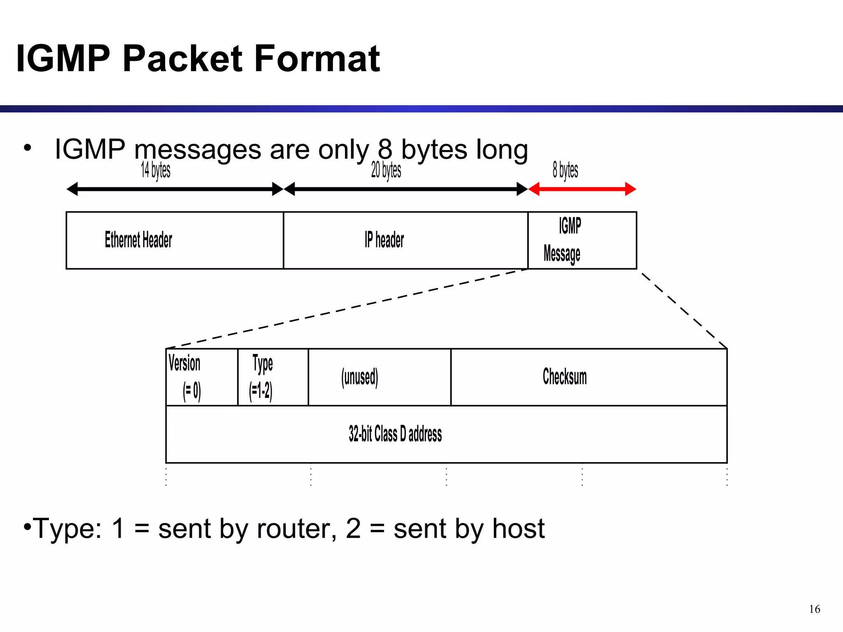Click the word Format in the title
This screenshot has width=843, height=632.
pos(317,58)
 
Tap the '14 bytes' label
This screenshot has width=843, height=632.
pos(156,170)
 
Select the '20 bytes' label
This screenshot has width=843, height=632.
pos(386,170)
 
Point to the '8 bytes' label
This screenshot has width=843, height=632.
pos(565,170)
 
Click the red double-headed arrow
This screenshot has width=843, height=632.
pos(582,189)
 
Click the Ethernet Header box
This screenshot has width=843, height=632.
pos(175,240)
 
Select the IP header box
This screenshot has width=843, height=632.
pos(405,240)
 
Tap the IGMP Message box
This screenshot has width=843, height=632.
pos(582,240)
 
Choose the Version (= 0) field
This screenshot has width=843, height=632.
pos(202,377)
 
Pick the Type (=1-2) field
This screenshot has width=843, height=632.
pos(273,377)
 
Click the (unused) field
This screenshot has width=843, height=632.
pos(379,377)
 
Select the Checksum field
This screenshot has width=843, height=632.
pos(589,377)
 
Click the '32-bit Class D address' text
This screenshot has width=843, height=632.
pos(395,434)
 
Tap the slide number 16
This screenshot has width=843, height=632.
pos(814,609)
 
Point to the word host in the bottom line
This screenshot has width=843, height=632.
pos(518,529)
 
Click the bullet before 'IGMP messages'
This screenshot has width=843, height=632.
pos(28,147)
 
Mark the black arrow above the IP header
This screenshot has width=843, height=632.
pos(405,189)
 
